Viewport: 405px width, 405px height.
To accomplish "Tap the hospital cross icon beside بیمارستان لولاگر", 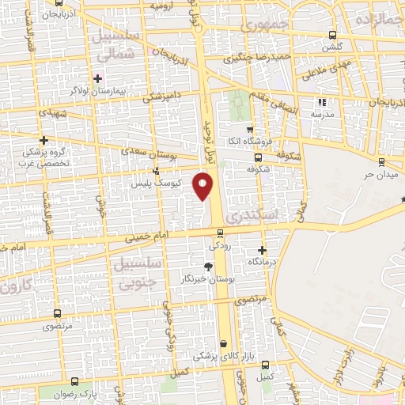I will click(97, 78).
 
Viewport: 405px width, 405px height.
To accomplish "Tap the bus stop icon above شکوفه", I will click(247, 157).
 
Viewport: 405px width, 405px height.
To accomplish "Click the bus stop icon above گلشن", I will click(332, 35).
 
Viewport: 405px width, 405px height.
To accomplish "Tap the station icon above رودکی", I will click(221, 233).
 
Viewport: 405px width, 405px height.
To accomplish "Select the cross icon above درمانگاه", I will click(262, 250).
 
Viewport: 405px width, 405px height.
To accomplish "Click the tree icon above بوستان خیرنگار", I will click(208, 267).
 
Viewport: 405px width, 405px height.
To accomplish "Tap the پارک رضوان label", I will click(72, 393).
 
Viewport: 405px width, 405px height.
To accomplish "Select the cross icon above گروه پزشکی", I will click(44, 138).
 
